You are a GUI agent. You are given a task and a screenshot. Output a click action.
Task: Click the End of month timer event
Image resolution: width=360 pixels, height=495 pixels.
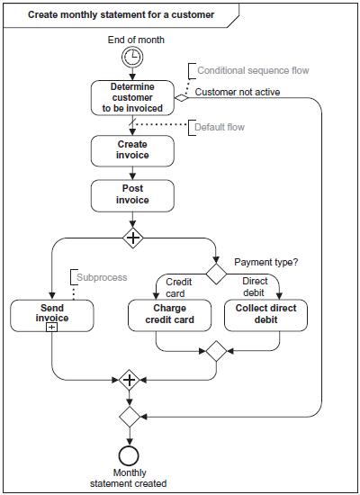point(132,57)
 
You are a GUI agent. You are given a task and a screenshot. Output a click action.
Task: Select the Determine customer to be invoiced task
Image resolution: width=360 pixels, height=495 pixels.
point(132,97)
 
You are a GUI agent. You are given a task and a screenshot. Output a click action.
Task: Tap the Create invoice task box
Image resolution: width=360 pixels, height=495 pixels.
point(132,151)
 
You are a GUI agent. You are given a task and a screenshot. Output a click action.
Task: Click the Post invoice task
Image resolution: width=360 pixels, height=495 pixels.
point(132,195)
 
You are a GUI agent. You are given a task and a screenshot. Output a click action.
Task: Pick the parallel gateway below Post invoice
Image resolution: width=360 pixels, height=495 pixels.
point(133,238)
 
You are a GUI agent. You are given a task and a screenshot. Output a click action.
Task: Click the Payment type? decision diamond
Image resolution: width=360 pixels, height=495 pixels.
point(216,274)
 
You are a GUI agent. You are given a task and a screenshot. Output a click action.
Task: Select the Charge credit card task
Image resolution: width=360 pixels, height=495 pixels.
point(169,315)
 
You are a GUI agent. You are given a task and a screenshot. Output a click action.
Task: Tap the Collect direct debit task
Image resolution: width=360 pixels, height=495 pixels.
point(265,315)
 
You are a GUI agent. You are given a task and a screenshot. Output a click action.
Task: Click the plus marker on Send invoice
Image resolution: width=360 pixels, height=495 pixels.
point(52,327)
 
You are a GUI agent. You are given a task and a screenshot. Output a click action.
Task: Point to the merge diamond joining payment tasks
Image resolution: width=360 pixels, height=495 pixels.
point(216,351)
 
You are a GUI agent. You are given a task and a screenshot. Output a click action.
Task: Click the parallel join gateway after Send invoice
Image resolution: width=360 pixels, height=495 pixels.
point(130,380)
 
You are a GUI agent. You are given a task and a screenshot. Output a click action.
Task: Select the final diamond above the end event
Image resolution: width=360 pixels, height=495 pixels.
point(130,417)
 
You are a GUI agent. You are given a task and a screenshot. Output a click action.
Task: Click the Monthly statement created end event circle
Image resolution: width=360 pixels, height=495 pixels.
point(129,455)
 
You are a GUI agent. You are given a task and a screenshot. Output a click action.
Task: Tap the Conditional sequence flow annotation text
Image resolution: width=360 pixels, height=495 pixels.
point(253,70)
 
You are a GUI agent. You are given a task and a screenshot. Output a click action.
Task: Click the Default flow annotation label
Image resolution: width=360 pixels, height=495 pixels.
point(220,127)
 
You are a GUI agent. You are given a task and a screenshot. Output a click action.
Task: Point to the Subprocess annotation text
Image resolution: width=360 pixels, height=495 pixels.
point(102,277)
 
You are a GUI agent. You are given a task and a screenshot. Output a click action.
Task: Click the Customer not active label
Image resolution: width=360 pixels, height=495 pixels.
point(238,92)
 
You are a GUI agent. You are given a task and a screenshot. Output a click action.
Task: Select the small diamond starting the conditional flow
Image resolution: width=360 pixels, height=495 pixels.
point(181,98)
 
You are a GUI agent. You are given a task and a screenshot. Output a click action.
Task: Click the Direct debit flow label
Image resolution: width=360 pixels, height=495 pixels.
point(255,287)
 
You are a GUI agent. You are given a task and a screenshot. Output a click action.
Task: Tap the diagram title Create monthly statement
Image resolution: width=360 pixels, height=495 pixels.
point(121,14)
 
